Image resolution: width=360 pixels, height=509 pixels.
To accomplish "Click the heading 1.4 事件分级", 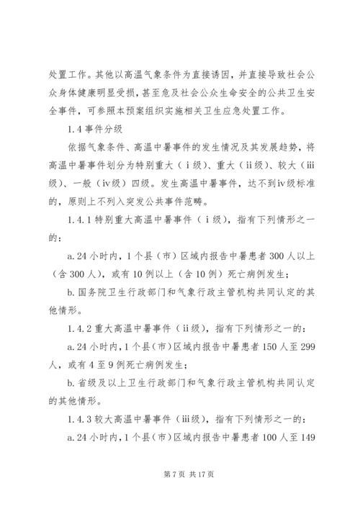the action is tap(93, 130).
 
